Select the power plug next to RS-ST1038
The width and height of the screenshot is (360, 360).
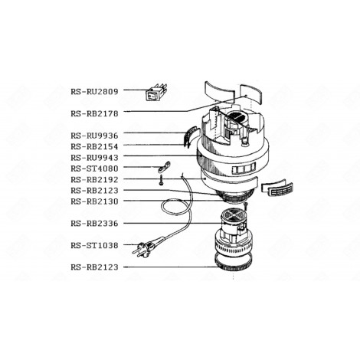click(143, 248)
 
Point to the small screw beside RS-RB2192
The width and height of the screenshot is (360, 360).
click(162, 182)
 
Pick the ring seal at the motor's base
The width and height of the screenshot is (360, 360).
click(235, 268)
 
